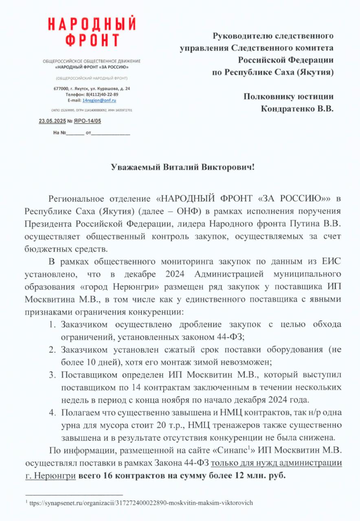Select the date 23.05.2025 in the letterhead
[52, 121]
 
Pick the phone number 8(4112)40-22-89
[101, 94]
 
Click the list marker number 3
[52, 374]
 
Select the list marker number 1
[52, 325]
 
